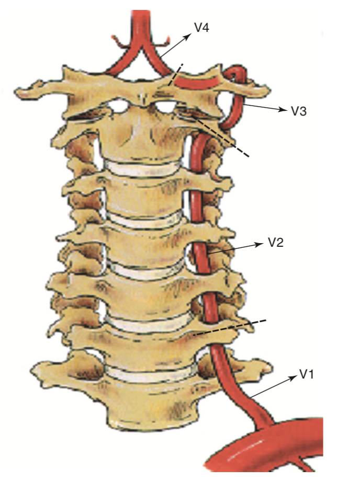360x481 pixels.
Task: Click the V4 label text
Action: click(x=202, y=27)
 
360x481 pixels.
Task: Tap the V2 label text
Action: click(x=276, y=243)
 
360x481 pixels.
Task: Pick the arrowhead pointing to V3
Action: click(x=283, y=110)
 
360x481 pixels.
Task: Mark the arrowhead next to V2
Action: click(x=260, y=244)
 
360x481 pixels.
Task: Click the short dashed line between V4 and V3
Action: click(x=175, y=75)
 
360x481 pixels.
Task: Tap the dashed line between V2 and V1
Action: click(x=230, y=327)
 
